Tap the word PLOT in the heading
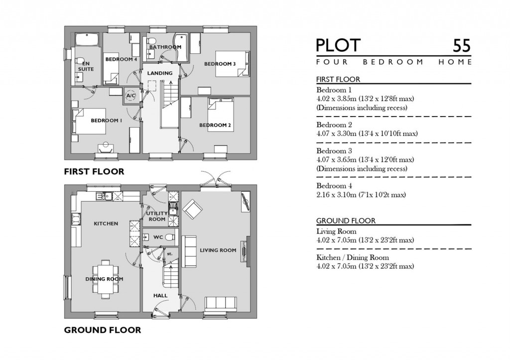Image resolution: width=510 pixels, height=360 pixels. click(338, 45)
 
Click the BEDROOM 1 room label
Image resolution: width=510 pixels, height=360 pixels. click(106, 120)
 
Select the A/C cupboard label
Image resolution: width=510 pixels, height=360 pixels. click(131, 95)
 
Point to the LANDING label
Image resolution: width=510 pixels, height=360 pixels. click(160, 73)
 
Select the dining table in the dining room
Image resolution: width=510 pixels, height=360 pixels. click(105, 277)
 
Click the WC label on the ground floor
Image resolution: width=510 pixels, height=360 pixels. click(158, 237)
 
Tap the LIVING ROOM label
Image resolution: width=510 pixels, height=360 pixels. click(218, 250)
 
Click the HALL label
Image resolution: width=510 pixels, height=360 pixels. click(160, 295)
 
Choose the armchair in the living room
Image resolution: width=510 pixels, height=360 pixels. click(192, 208)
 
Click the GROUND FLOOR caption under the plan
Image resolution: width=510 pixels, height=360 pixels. click(102, 330)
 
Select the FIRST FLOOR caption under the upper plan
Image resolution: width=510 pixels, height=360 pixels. click(94, 172)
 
